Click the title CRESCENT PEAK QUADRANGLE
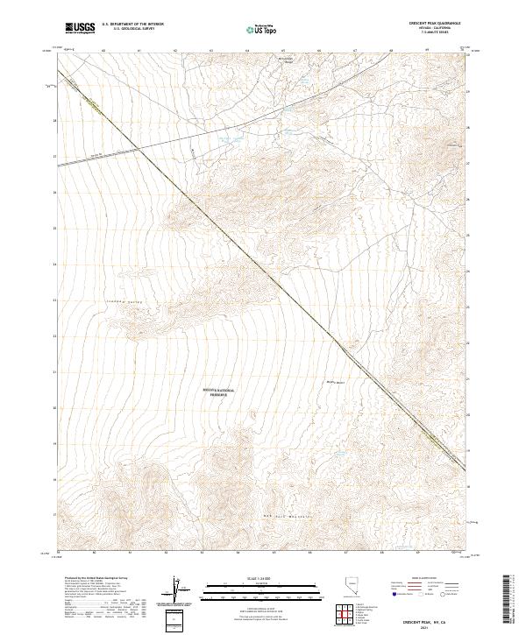(x=437, y=24)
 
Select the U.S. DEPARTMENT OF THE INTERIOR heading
(x=132, y=25)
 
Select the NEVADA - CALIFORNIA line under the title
(x=437, y=29)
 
